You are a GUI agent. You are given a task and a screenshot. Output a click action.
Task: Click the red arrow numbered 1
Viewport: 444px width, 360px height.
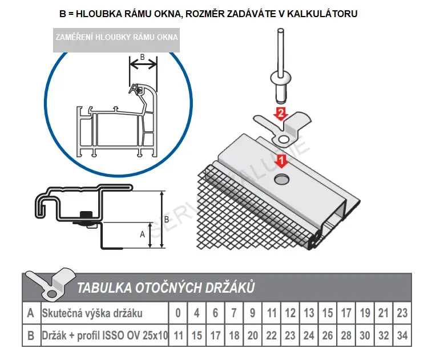pyautogui.click(x=280, y=160)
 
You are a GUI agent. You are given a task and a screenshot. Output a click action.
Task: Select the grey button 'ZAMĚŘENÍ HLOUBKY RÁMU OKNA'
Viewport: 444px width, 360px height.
pyautogui.click(x=116, y=38)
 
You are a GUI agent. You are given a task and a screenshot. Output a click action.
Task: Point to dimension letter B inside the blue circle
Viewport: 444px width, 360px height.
pyautogui.click(x=143, y=56)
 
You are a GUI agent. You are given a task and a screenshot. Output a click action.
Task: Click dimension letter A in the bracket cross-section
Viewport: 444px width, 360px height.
pyautogui.click(x=143, y=234)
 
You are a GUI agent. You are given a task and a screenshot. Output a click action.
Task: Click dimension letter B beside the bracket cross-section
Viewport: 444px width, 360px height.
pyautogui.click(x=166, y=219)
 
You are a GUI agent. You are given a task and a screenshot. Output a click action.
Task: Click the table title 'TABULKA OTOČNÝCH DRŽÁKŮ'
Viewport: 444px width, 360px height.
pyautogui.click(x=166, y=288)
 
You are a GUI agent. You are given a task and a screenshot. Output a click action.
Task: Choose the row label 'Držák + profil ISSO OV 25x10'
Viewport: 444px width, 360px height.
pyautogui.click(x=104, y=335)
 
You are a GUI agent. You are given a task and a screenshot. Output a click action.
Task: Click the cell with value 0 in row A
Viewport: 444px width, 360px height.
pyautogui.click(x=178, y=313)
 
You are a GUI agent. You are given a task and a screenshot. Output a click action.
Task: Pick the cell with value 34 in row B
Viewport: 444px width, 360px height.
pyautogui.click(x=402, y=335)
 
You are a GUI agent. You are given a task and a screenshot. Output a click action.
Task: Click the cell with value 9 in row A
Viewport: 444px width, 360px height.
pyautogui.click(x=253, y=313)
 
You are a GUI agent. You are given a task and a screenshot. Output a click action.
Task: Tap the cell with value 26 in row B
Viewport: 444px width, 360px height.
pyautogui.click(x=327, y=335)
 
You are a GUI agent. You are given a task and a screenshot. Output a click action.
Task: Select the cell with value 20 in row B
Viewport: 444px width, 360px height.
pyautogui.click(x=253, y=335)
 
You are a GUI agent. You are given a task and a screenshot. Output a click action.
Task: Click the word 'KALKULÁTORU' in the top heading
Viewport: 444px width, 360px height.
pyautogui.click(x=324, y=13)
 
